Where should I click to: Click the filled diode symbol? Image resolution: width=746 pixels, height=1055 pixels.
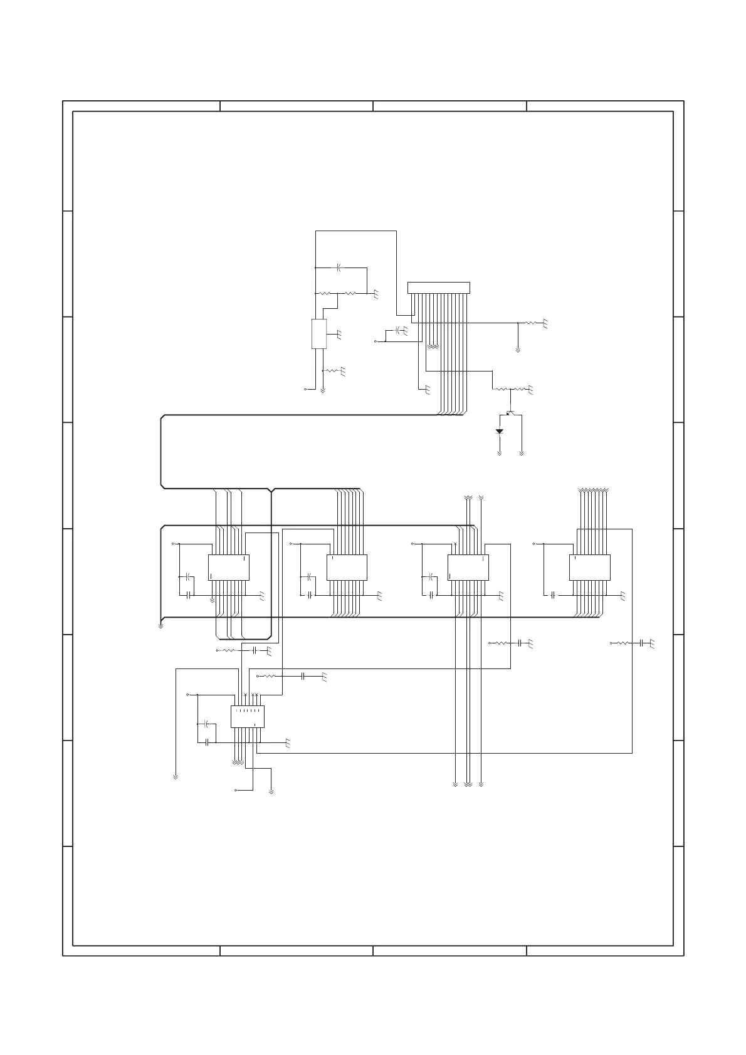[x=500, y=431]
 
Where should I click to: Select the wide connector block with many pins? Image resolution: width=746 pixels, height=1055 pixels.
[x=438, y=288]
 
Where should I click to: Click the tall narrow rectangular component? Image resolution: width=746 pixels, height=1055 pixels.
[x=319, y=333]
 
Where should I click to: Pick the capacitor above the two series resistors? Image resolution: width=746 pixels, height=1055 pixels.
[x=338, y=268]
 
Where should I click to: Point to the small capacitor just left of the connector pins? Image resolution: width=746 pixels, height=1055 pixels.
[x=397, y=330]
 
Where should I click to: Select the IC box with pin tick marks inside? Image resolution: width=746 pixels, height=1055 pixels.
[x=247, y=717]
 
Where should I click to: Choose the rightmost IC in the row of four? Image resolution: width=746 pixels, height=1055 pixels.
[x=589, y=567]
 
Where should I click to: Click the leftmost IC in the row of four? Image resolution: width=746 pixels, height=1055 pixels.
[x=228, y=567]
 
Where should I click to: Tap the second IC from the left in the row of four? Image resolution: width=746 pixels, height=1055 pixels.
[x=347, y=567]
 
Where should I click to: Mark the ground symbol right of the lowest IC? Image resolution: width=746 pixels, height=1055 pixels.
[x=287, y=743]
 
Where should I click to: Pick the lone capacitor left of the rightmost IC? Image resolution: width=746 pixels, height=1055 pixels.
[x=553, y=595]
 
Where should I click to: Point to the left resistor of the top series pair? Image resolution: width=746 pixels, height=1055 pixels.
[x=325, y=293]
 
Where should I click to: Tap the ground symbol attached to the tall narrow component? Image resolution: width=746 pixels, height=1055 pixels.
[x=339, y=335]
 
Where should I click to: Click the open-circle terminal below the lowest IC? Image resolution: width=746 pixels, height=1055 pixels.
[x=235, y=791]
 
